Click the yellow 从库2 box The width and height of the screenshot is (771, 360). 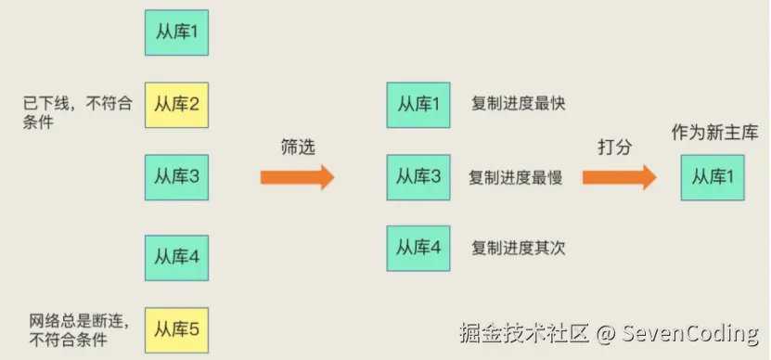[x=176, y=105]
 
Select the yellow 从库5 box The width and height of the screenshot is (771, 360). [x=176, y=330]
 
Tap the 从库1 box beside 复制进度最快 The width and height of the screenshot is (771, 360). [x=418, y=105]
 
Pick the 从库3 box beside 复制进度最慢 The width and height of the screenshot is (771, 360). [x=418, y=177]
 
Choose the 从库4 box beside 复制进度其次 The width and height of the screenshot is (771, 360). [x=418, y=248]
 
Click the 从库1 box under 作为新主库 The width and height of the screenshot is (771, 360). [x=713, y=177]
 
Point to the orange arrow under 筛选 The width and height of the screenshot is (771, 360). [x=297, y=177]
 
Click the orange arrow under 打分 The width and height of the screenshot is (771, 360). [x=620, y=177]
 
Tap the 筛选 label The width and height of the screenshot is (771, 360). [x=298, y=148]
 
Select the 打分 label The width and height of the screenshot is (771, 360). [x=614, y=147]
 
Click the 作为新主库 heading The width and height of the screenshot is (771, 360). [x=715, y=133]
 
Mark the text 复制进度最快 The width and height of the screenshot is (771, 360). [x=519, y=104]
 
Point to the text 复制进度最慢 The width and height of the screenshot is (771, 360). [x=516, y=177]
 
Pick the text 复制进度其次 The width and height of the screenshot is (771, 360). [x=519, y=248]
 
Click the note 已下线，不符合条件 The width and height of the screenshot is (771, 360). [x=77, y=112]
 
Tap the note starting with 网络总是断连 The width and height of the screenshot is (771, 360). [x=79, y=330]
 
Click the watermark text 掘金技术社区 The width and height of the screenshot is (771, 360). [x=525, y=333]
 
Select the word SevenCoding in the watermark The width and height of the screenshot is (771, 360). [x=690, y=334]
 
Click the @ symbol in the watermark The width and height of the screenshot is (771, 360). [x=605, y=334]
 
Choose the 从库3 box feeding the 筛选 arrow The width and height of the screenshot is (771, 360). [x=176, y=177]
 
